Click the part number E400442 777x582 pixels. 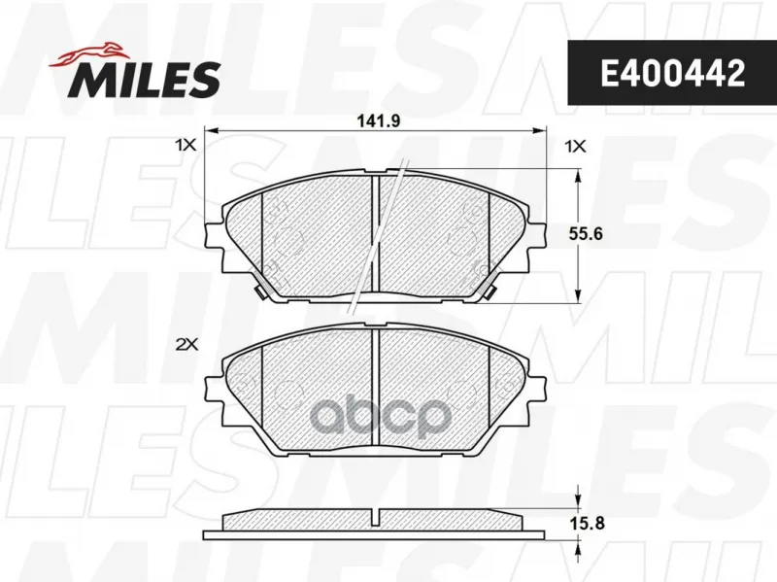pyautogui.click(x=672, y=73)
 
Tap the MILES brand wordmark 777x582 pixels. pyautogui.click(x=148, y=80)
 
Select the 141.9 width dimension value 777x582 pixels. pyautogui.click(x=378, y=120)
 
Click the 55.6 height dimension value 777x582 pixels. pyautogui.click(x=586, y=233)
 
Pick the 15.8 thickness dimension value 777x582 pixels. pyautogui.click(x=587, y=523)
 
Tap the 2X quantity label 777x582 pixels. pyautogui.click(x=186, y=345)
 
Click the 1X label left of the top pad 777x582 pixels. pyautogui.click(x=186, y=146)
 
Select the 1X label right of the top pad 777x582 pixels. pyautogui.click(x=575, y=147)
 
